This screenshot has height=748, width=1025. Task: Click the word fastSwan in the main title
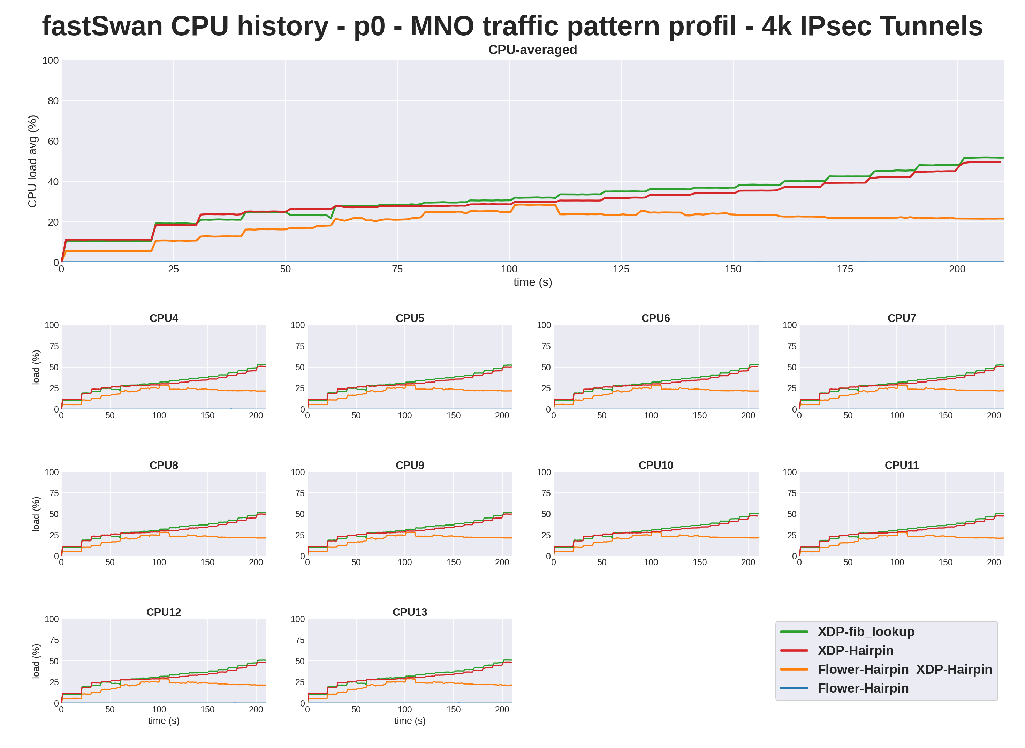click(102, 26)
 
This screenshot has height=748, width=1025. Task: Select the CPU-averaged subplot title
click(532, 50)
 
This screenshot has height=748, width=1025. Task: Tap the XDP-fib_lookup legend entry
click(866, 631)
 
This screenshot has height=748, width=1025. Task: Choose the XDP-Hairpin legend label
click(855, 650)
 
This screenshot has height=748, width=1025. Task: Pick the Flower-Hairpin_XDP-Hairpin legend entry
click(905, 669)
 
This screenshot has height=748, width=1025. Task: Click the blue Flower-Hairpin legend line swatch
click(794, 688)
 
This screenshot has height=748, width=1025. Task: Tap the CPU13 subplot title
click(410, 612)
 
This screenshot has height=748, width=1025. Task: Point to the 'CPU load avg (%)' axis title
click(32, 161)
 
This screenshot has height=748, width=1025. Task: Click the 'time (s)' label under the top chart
click(532, 282)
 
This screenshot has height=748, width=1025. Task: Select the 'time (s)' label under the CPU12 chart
click(164, 720)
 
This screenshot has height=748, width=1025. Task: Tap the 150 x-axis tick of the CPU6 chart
click(699, 415)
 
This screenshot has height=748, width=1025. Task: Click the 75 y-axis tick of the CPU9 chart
click(300, 493)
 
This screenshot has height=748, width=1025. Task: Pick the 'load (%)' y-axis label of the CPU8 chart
click(36, 514)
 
